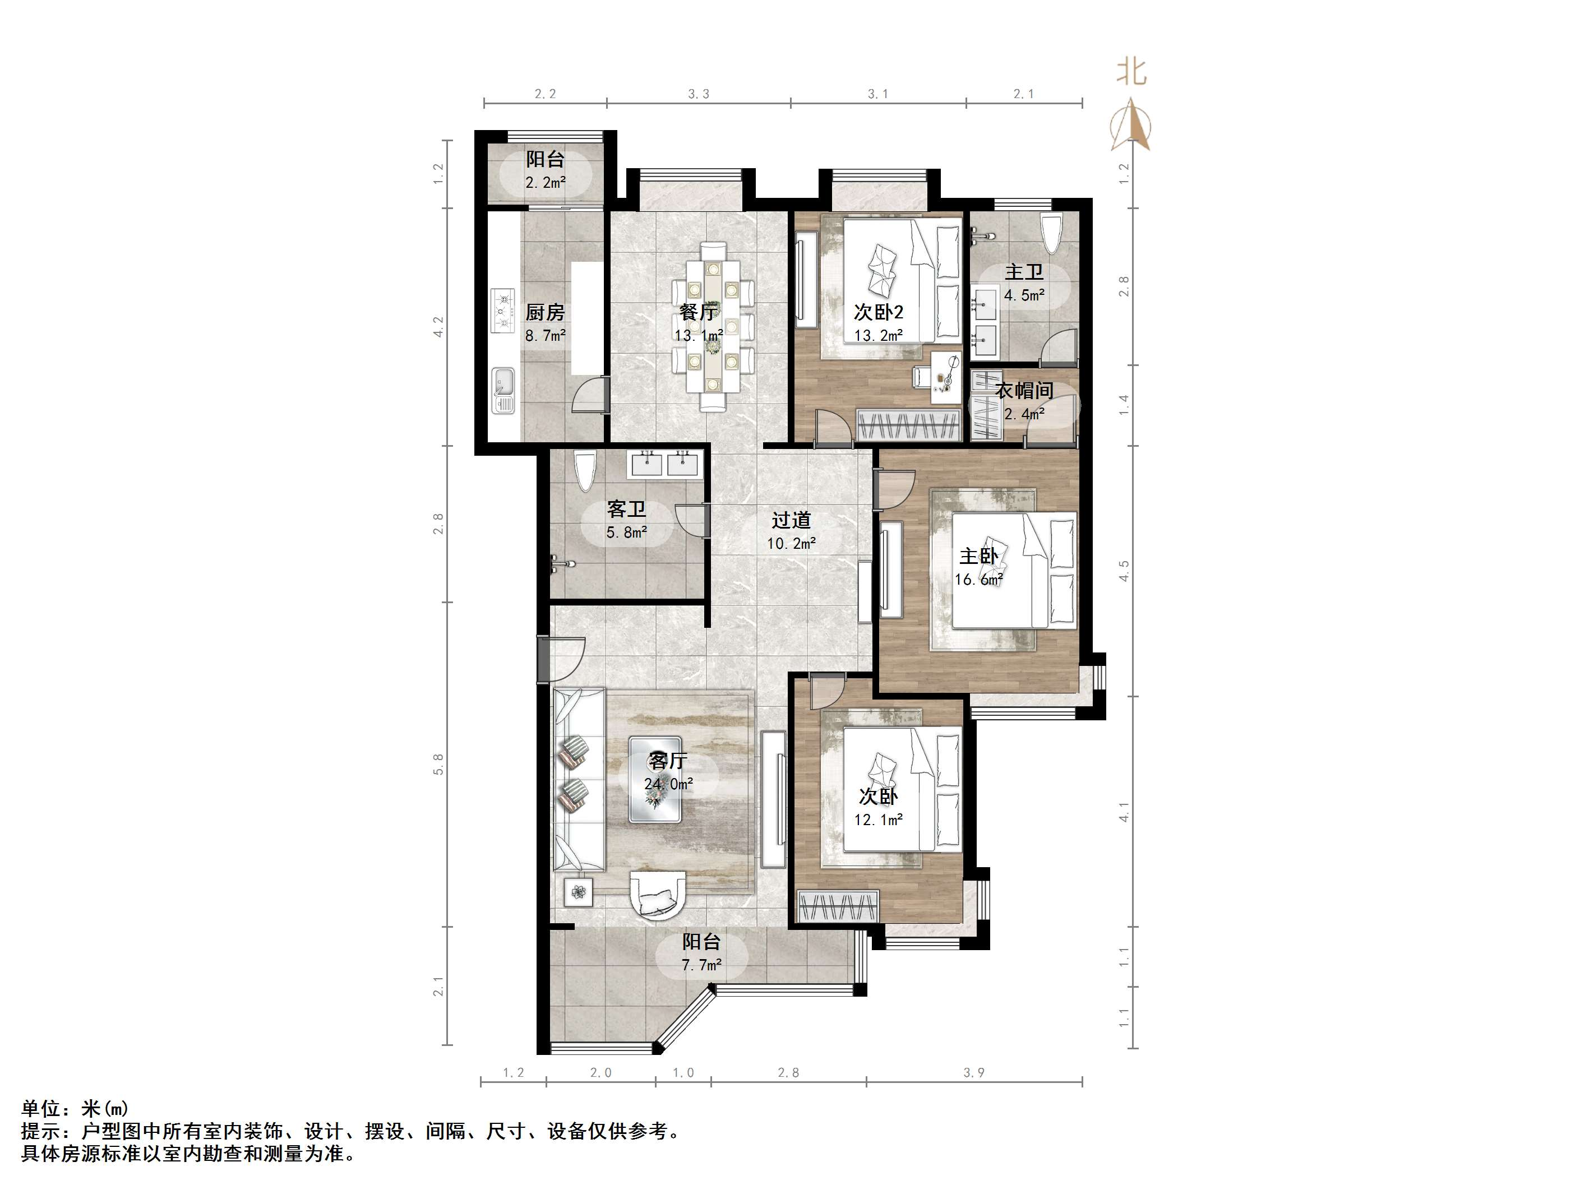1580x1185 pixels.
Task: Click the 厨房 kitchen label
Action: (x=545, y=312)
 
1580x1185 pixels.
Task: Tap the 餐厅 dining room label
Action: (x=699, y=312)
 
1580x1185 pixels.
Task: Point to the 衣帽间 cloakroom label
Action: (x=1024, y=391)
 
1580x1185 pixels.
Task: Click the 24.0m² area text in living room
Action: (x=668, y=784)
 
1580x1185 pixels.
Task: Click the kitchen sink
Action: (x=503, y=390)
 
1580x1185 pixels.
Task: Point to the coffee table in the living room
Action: (x=655, y=779)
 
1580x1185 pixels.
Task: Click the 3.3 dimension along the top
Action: (x=699, y=94)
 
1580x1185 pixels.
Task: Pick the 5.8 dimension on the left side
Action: (x=438, y=764)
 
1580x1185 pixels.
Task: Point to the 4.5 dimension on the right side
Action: (x=1124, y=571)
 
